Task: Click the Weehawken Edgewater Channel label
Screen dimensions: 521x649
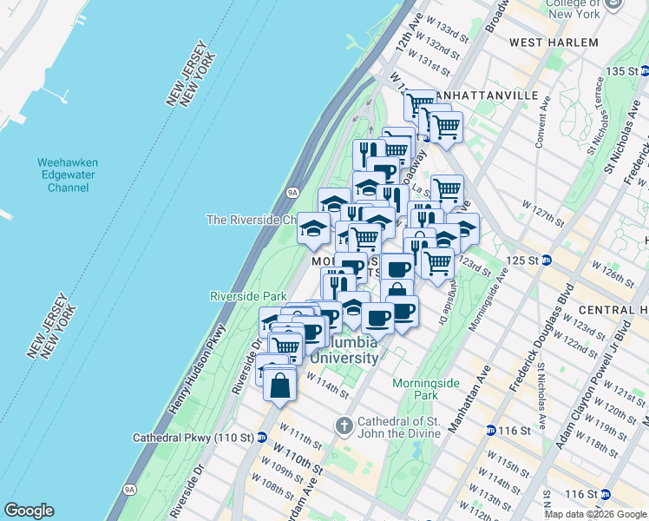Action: pos(68,175)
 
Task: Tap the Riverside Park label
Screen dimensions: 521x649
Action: pos(248,296)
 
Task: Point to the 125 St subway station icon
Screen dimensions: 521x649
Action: pos(547,260)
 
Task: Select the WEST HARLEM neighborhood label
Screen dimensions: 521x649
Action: pos(554,43)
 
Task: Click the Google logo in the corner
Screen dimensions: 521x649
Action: pos(29,511)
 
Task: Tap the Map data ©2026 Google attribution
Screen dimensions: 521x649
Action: pos(595,514)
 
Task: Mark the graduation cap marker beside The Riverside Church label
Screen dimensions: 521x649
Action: pos(312,228)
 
